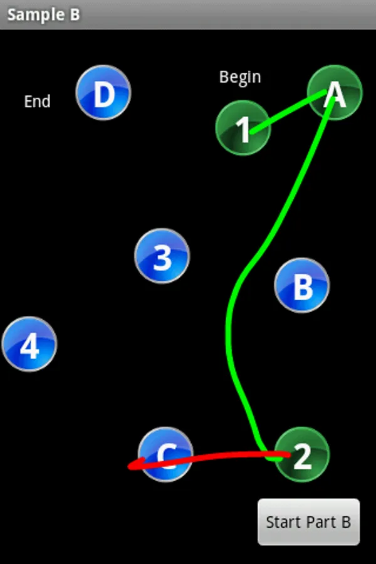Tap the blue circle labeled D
[103, 93]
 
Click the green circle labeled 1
[243, 128]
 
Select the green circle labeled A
[335, 92]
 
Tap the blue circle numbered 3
[162, 256]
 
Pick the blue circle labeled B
[302, 285]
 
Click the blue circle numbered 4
[29, 344]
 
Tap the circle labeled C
[165, 454]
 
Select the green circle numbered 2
[302, 454]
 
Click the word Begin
[240, 77]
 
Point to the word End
[38, 102]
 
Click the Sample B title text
[44, 14]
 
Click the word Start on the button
[279, 523]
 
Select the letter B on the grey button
[345, 523]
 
